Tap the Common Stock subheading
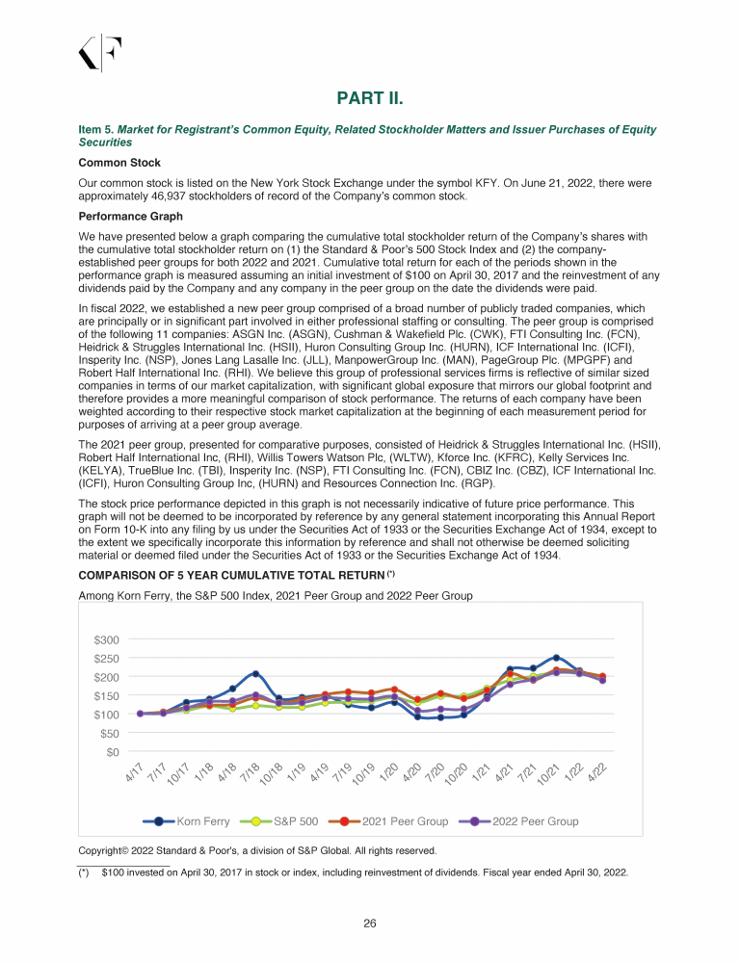119,163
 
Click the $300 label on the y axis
106,640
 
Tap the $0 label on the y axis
113,751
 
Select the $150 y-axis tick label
106,696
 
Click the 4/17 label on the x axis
135,773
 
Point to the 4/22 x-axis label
597,773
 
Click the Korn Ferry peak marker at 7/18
255,674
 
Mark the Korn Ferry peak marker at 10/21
556,658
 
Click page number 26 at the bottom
369,924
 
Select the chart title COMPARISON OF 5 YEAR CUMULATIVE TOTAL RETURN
231,576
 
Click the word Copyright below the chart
108,850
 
